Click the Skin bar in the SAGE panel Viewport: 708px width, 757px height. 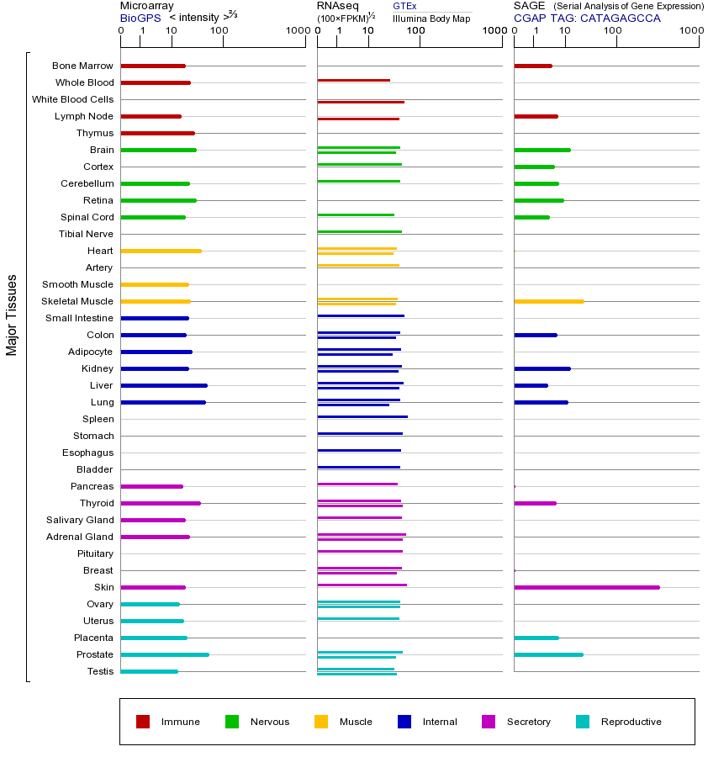pyautogui.click(x=586, y=587)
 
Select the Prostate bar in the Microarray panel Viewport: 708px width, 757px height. pyautogui.click(x=165, y=654)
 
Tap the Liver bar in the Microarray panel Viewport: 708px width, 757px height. pyautogui.click(x=164, y=385)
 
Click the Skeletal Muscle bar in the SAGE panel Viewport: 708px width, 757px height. pyautogui.click(x=548, y=301)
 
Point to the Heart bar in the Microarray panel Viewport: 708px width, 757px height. pyautogui.click(x=161, y=251)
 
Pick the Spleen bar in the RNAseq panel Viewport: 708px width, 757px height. pyautogui.click(x=362, y=416)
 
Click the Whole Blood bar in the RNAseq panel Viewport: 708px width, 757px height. pyautogui.click(x=353, y=80)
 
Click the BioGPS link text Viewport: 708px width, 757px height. pyautogui.click(x=140, y=18)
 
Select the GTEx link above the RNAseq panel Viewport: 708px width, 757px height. pyautogui.click(x=404, y=6)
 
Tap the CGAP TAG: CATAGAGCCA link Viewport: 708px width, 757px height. pyautogui.click(x=587, y=18)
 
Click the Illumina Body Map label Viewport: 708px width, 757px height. pyautogui.click(x=431, y=19)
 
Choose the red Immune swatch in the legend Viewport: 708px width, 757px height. pyautogui.click(x=143, y=722)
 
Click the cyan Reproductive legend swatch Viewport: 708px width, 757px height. pyautogui.click(x=583, y=722)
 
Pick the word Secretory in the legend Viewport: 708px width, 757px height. pyautogui.click(x=529, y=722)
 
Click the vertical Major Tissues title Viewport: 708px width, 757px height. pyautogui.click(x=12, y=314)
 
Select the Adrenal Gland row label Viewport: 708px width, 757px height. pyautogui.click(x=80, y=537)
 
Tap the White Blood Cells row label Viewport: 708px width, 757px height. pyautogui.click(x=72, y=99)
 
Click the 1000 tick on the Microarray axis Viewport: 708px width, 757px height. pyautogui.click(x=296, y=31)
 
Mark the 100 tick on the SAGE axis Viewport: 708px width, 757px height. pyautogui.click(x=613, y=31)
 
